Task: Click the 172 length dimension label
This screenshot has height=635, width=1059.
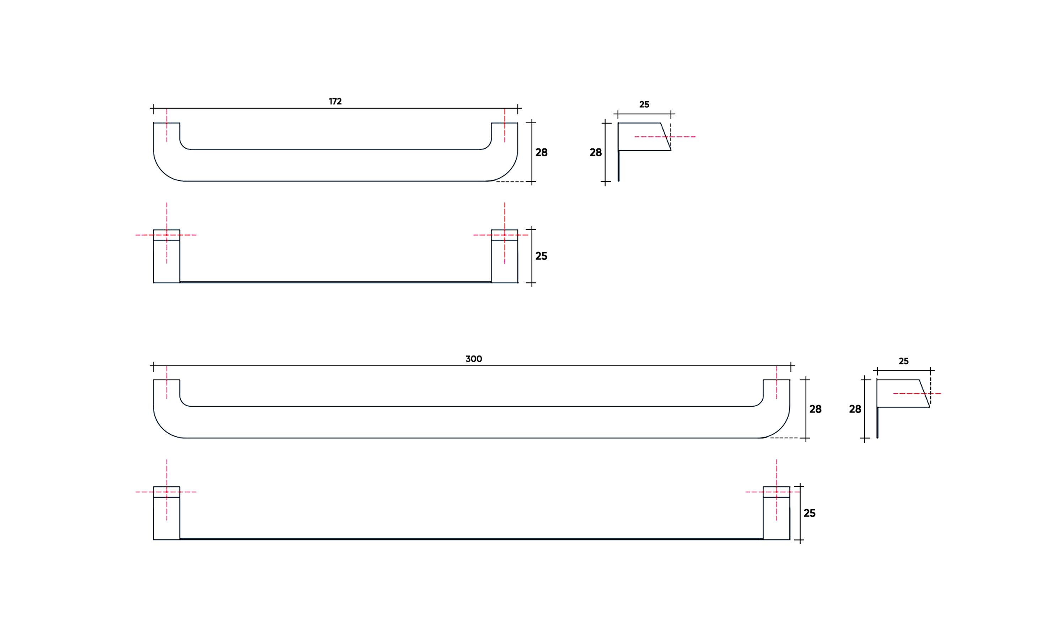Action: [335, 102]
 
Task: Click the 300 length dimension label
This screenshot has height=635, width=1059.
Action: [473, 359]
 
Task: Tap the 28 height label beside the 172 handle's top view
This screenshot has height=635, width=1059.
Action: [541, 152]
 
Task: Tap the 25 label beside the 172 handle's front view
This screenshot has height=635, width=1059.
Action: [541, 256]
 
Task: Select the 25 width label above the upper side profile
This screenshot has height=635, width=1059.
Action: [644, 104]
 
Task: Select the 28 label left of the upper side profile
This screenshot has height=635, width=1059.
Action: [595, 152]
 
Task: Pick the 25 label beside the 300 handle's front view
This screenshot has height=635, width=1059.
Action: [809, 513]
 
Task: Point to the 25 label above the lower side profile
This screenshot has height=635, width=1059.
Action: [903, 361]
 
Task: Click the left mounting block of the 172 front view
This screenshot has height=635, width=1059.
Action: [167, 261]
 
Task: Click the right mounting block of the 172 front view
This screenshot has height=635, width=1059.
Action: [504, 261]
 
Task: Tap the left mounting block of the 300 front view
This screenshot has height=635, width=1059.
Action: [167, 518]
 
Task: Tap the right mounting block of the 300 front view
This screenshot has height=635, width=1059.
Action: [776, 518]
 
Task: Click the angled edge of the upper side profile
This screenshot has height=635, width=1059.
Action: [666, 136]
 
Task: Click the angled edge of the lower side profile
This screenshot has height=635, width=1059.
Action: [924, 393]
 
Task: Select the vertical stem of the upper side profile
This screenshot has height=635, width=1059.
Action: [619, 166]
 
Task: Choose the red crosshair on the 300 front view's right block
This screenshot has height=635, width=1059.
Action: [776, 492]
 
